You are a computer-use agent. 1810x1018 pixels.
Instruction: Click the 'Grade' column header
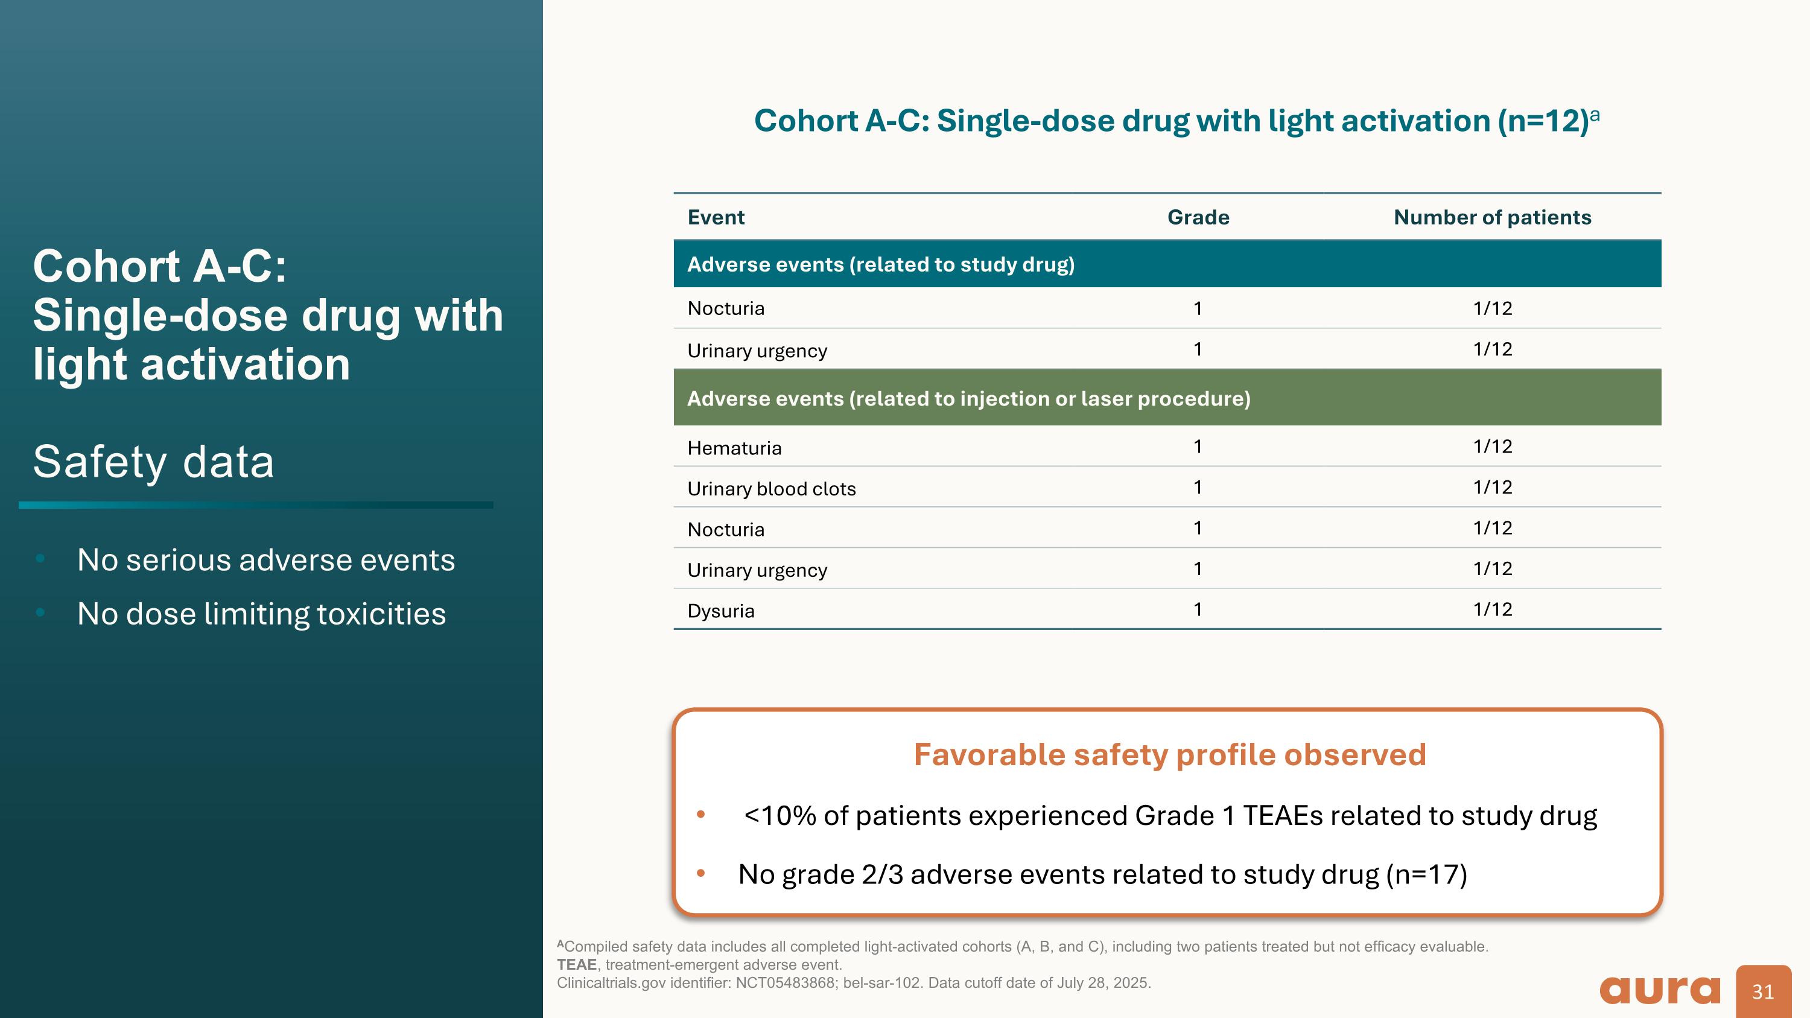1198,217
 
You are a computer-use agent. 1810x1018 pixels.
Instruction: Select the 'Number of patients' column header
1491,217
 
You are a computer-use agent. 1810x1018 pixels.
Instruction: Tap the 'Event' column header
716,217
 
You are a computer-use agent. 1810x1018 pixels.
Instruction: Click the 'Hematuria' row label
734,448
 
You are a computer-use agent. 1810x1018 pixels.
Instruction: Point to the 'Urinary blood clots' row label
771,489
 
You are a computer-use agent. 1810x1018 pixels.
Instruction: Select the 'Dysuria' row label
720,611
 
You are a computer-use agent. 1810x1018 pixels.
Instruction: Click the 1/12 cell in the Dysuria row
1491,609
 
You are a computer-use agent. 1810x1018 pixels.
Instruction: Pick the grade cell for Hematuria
1197,447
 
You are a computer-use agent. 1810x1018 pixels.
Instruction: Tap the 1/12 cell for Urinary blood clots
1491,488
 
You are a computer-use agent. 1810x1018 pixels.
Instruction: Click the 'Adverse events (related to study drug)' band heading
880,264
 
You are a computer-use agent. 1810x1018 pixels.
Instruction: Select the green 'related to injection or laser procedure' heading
968,398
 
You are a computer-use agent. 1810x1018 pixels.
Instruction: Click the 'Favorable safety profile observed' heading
1169,754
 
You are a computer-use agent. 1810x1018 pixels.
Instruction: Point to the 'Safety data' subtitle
153,462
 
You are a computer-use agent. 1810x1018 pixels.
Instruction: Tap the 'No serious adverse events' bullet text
265,560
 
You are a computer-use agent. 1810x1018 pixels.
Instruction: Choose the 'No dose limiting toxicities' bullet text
261,613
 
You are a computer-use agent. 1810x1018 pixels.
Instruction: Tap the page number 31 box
1762,991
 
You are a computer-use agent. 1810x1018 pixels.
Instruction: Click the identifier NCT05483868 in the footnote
785,983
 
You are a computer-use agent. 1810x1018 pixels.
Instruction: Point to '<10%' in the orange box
780,816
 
